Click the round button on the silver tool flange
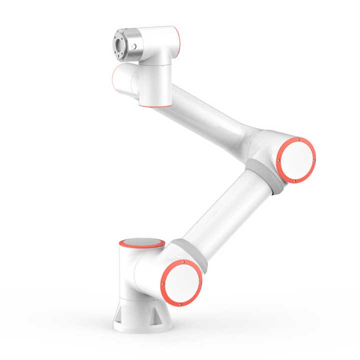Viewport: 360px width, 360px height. coord(134,46)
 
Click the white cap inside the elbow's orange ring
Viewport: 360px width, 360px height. coord(297,160)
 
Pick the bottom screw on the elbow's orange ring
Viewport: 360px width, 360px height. coord(295,181)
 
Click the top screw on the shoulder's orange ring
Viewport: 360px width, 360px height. coord(183,261)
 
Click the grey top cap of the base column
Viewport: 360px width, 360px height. coord(141,243)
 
